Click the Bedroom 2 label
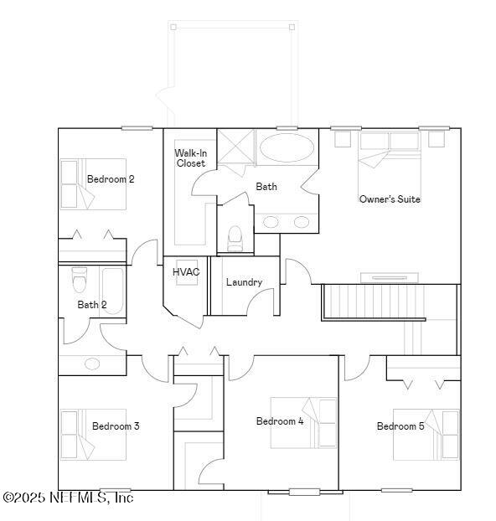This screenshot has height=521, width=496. [111, 179]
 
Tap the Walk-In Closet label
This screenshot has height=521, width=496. [190, 158]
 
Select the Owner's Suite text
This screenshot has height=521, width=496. [390, 199]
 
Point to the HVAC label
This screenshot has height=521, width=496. [185, 272]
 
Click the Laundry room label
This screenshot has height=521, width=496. [244, 282]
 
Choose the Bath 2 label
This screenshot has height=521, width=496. [92, 305]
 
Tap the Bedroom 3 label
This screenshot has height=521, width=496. [116, 426]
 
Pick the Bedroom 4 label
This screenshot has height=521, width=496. [280, 421]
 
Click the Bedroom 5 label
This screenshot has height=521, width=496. [400, 426]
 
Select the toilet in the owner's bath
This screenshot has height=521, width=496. [235, 238]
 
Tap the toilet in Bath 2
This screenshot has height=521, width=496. [80, 276]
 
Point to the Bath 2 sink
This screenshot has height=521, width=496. [92, 364]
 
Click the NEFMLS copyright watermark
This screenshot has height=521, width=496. [67, 498]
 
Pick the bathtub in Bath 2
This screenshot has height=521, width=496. [112, 290]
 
